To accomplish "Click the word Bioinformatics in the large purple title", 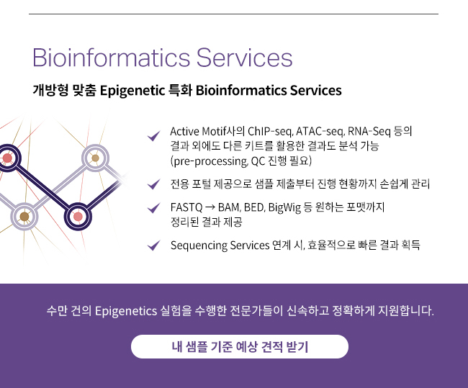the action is tap(111, 57).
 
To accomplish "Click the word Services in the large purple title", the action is tap(245, 57).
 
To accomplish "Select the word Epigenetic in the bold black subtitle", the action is tap(132, 91).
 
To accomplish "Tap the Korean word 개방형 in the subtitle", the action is tap(50, 90).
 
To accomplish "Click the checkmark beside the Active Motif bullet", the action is tap(154, 136).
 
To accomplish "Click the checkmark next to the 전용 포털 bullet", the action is tap(154, 184).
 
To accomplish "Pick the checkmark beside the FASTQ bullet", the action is tap(154, 207).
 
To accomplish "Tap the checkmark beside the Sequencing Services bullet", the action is tap(154, 245).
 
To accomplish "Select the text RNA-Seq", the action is tap(369, 131).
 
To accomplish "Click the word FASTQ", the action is tap(186, 207).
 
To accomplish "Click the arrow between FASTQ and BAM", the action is tap(210, 207).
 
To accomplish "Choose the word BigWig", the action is tap(284, 207).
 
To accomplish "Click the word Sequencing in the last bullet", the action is tap(199, 245).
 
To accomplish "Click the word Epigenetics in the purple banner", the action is tap(126, 311).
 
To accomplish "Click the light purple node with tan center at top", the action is tap(95, 158).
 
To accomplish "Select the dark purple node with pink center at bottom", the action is tap(78, 217).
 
